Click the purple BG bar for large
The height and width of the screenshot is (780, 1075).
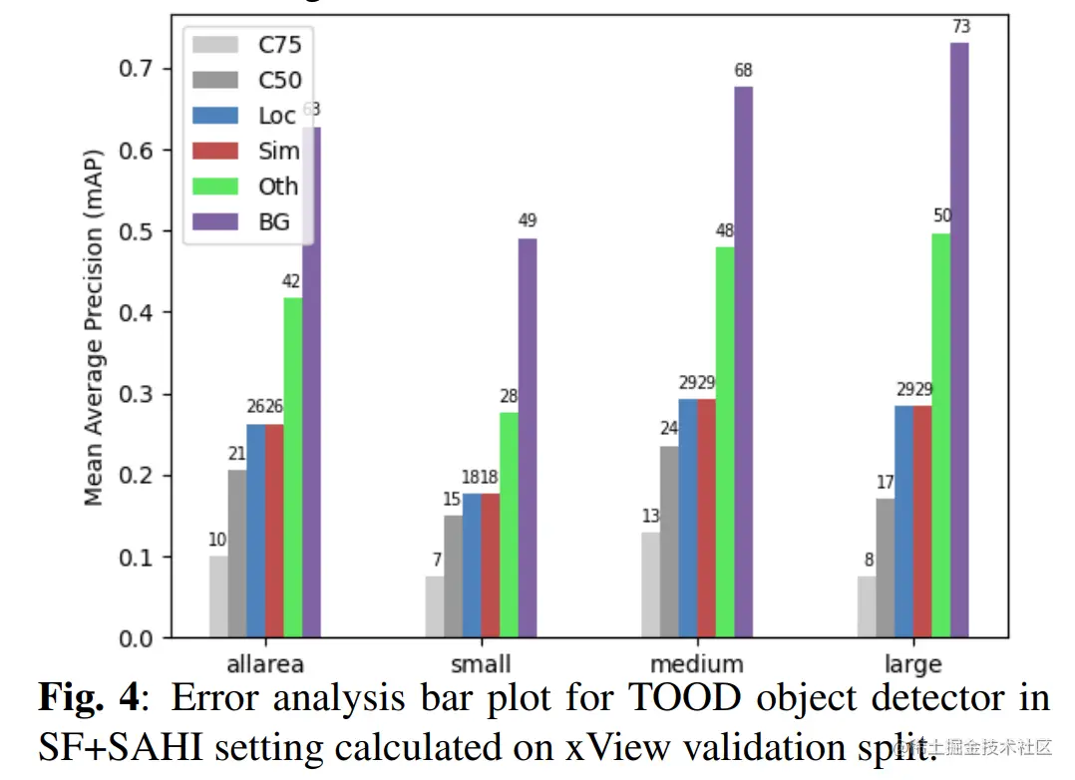(959, 339)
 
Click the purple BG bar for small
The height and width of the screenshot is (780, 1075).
(528, 438)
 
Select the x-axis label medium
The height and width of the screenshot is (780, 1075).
(696, 664)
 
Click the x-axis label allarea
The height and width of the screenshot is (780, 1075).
(264, 664)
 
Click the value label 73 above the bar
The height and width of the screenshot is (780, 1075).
(960, 26)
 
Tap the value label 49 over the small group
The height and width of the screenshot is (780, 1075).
(529, 220)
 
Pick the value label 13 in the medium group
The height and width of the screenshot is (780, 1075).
(651, 516)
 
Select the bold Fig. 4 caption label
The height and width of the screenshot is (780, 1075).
(89, 698)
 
